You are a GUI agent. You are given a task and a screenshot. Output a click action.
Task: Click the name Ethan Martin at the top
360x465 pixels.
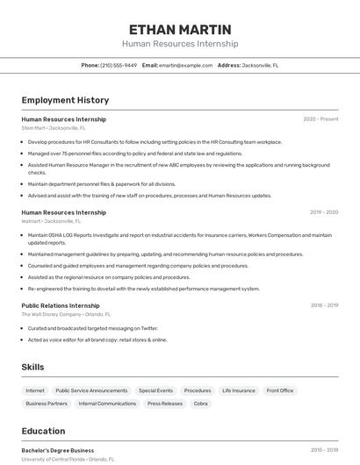(179, 29)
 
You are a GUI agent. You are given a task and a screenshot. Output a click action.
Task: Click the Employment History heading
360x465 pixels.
(65, 100)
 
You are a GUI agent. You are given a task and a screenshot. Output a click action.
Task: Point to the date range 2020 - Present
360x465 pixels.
(320, 119)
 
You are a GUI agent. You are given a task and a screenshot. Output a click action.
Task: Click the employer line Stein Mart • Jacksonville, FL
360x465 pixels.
(54, 128)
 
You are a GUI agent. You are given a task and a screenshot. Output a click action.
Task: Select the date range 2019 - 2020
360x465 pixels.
(324, 212)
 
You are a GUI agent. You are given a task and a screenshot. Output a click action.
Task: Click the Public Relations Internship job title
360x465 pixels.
(61, 305)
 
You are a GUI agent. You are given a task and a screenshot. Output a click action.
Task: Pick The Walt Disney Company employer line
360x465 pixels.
(66, 314)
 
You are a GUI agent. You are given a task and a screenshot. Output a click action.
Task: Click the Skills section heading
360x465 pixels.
(33, 367)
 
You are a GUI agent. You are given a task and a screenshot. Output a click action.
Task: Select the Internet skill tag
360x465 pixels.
(35, 390)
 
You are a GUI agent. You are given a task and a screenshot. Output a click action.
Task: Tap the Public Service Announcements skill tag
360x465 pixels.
(91, 390)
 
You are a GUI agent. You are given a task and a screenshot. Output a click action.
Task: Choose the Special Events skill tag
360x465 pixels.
(155, 390)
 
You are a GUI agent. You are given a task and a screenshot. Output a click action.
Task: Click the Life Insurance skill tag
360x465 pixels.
(238, 390)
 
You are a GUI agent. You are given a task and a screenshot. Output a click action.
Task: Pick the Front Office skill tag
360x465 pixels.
(280, 390)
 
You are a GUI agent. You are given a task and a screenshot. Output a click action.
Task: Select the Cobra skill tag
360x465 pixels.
(201, 404)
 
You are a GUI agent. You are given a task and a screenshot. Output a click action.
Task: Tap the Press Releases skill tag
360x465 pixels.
(165, 404)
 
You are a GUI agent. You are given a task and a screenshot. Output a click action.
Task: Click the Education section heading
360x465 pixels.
(43, 431)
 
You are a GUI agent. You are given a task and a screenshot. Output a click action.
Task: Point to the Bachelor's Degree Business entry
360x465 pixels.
(58, 450)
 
